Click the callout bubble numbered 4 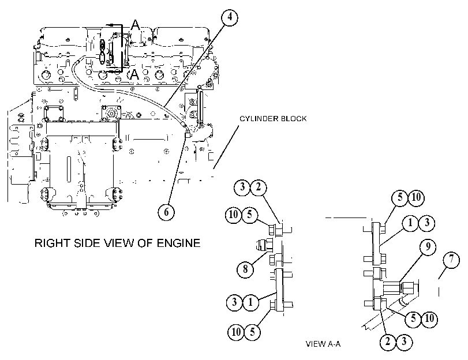[230, 17]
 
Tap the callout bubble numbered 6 [166, 212]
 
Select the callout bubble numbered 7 [451, 260]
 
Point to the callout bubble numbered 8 [245, 269]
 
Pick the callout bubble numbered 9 [428, 247]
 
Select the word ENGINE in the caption [178, 243]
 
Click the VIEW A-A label [323, 344]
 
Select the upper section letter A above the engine [135, 24]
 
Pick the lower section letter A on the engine [134, 74]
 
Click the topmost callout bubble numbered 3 [242, 187]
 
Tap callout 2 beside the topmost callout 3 [259, 187]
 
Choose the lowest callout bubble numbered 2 [388, 341]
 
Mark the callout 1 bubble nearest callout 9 [410, 223]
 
